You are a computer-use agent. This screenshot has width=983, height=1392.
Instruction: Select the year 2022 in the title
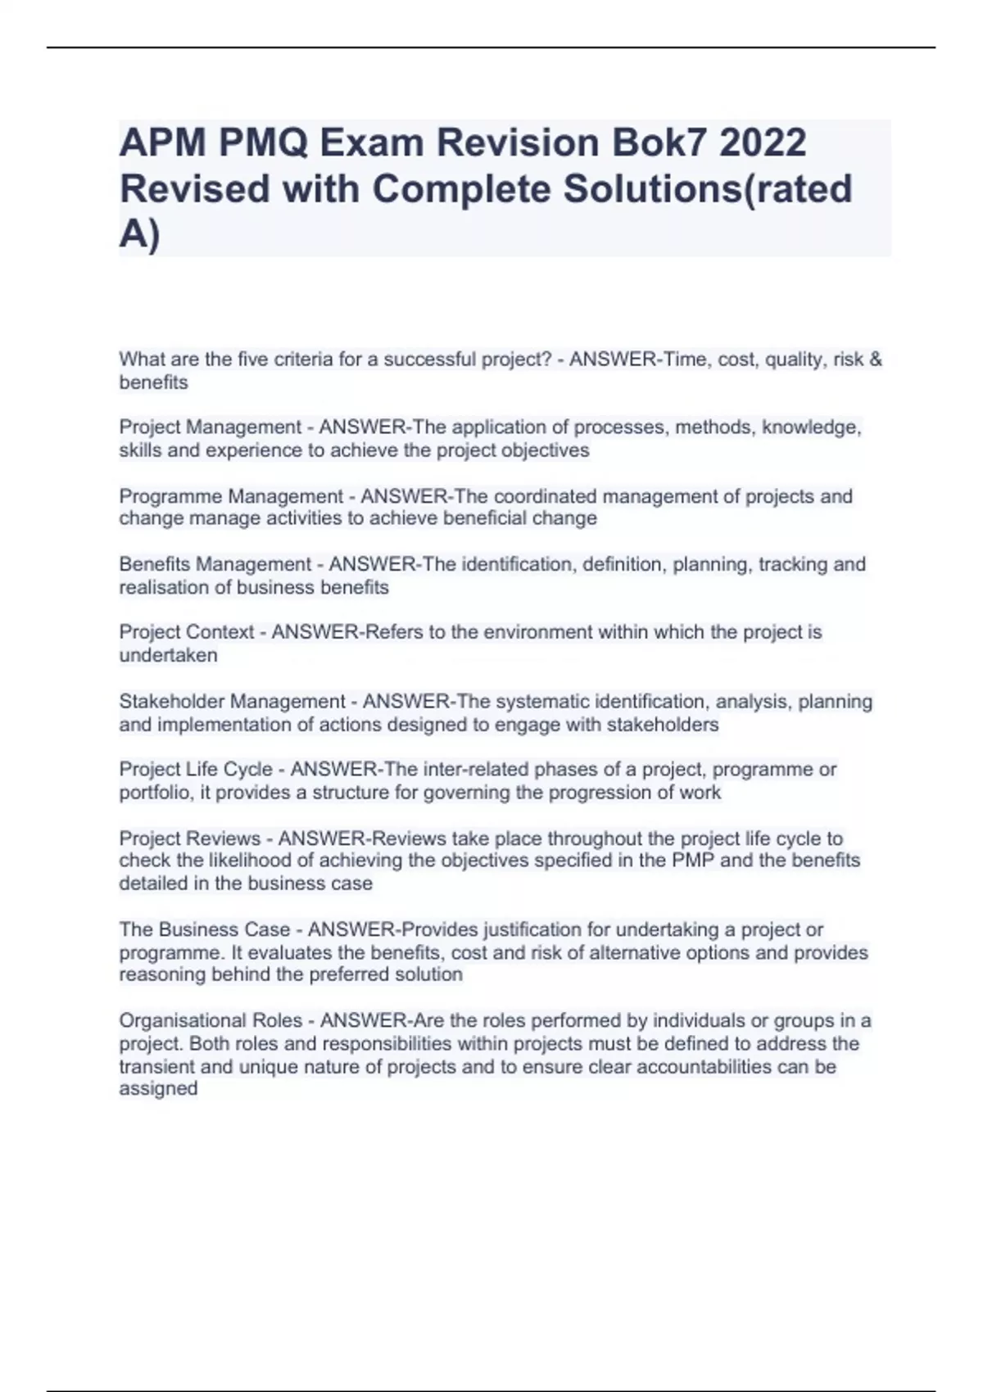(763, 142)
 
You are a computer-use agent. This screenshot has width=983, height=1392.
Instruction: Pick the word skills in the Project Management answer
(140, 450)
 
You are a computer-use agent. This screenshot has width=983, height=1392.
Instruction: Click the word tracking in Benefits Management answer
(793, 564)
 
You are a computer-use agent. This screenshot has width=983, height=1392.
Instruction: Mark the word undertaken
(168, 655)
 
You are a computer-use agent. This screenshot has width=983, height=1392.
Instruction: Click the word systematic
(542, 702)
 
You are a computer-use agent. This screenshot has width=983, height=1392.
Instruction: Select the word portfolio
(154, 793)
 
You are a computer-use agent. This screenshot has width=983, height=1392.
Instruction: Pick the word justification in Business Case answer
(546, 930)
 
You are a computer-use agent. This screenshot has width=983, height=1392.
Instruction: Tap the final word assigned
(158, 1089)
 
